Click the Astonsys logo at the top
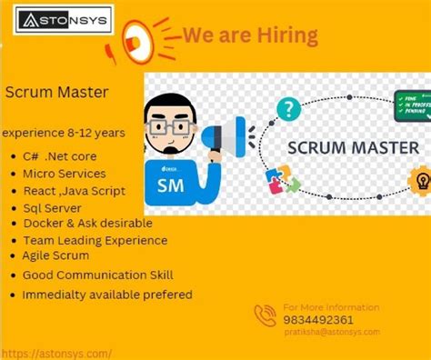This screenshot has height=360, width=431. (62, 18)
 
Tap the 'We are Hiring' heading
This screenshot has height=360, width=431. (250, 35)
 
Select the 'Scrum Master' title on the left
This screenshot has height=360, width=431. (57, 92)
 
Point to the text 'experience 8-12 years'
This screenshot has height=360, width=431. (64, 133)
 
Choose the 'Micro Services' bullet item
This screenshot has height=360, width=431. (65, 174)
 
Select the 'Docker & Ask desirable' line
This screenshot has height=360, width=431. (87, 224)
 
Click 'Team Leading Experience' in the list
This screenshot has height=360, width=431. (95, 241)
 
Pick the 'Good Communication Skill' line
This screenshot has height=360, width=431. (97, 275)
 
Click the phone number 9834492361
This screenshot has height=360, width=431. (319, 320)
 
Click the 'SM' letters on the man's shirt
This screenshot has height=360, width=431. (171, 185)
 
